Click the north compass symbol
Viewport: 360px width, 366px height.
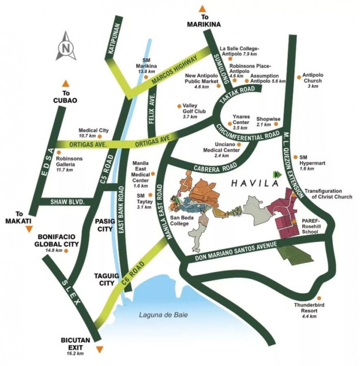(x=66, y=48)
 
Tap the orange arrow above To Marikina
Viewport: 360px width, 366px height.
(x=202, y=8)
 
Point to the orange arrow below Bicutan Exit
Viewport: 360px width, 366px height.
(x=100, y=349)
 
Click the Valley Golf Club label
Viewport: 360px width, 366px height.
(x=190, y=111)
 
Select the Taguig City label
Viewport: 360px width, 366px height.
(x=107, y=279)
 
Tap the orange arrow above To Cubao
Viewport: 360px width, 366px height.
(x=66, y=83)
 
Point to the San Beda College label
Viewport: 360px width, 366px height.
(x=184, y=221)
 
